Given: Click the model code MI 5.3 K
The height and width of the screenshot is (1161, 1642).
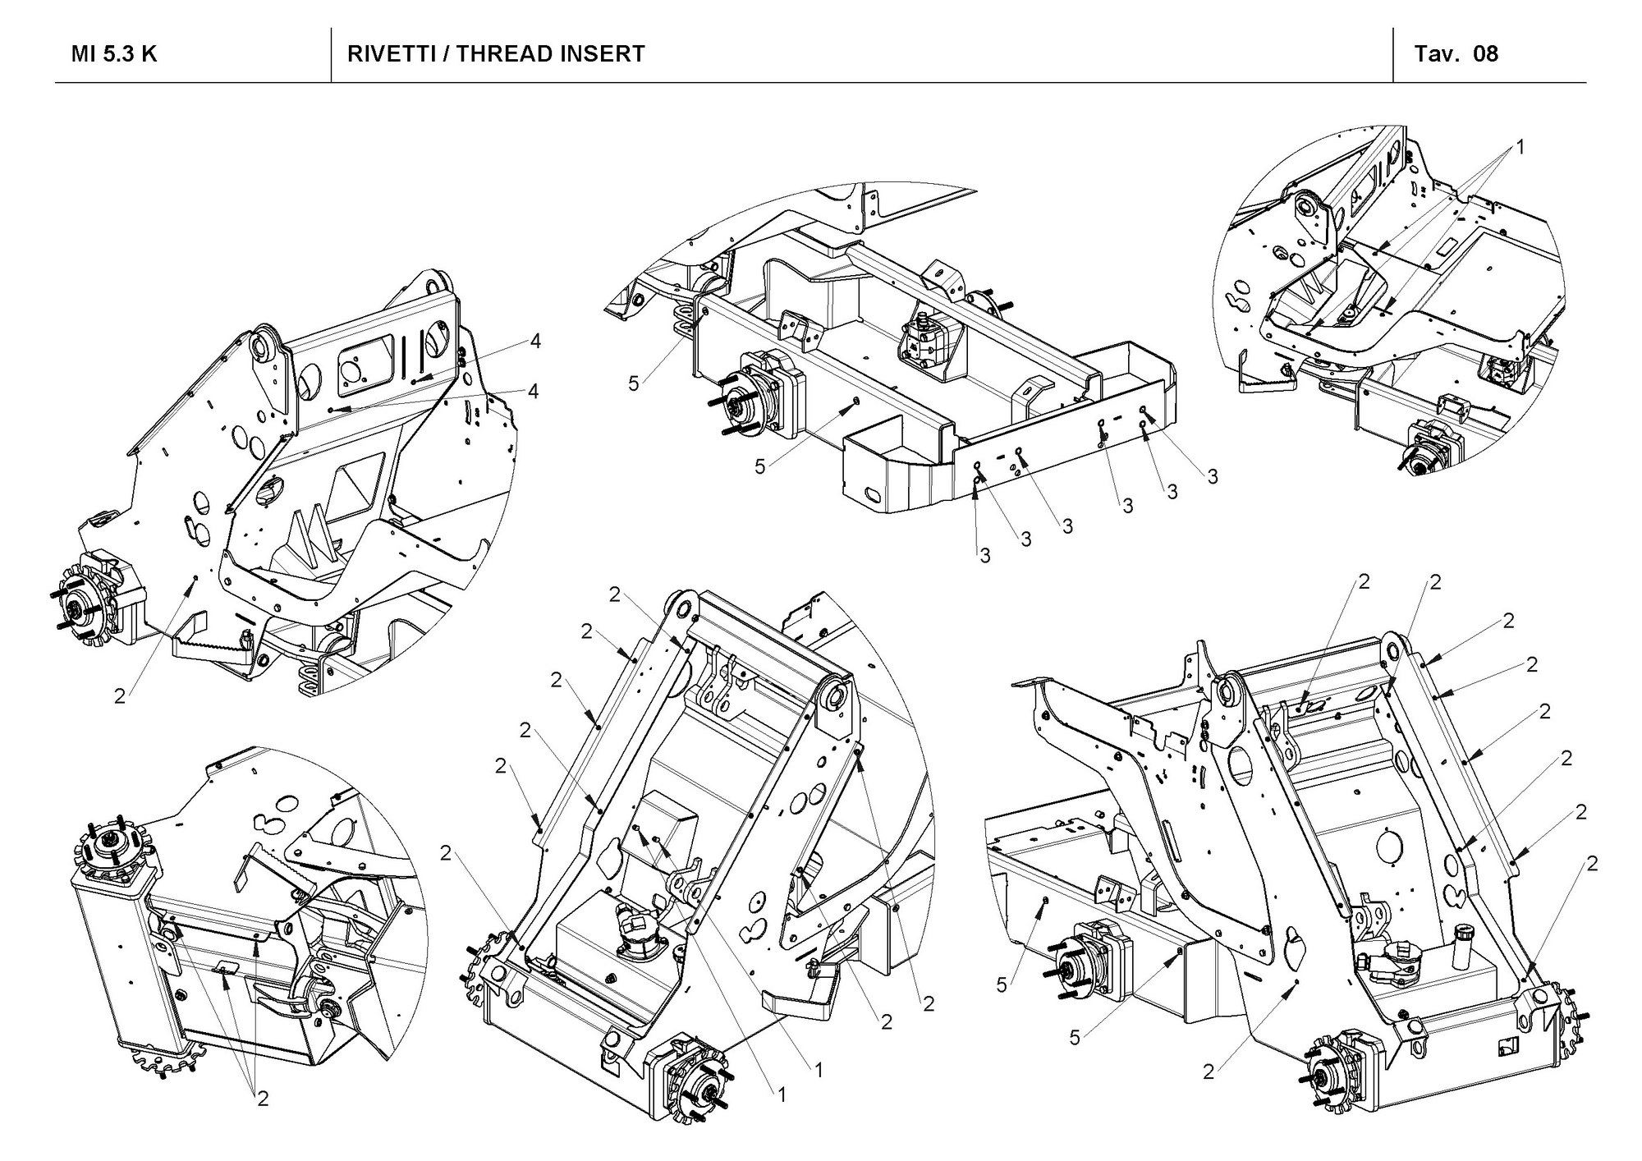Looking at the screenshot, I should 114,54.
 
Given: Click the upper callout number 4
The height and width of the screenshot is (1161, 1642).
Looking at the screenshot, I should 535,342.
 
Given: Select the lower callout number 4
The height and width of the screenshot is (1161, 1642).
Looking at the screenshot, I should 533,392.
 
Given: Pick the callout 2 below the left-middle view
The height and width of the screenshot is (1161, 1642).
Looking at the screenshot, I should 121,696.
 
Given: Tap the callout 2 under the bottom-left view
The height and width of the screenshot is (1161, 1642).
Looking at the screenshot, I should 263,1098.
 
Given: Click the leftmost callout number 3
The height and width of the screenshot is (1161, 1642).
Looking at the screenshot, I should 984,556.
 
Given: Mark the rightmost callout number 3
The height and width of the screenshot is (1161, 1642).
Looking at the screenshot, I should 1212,476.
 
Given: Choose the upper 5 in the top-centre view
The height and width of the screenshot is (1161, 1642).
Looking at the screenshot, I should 633,383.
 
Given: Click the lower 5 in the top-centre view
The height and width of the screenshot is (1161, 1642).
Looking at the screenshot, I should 760,466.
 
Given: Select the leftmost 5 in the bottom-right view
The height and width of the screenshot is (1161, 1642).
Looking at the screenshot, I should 1001,984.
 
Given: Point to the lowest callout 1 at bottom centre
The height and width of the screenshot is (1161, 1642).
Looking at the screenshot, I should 781,1094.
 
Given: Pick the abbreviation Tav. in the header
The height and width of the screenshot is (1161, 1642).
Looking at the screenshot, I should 1433,54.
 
